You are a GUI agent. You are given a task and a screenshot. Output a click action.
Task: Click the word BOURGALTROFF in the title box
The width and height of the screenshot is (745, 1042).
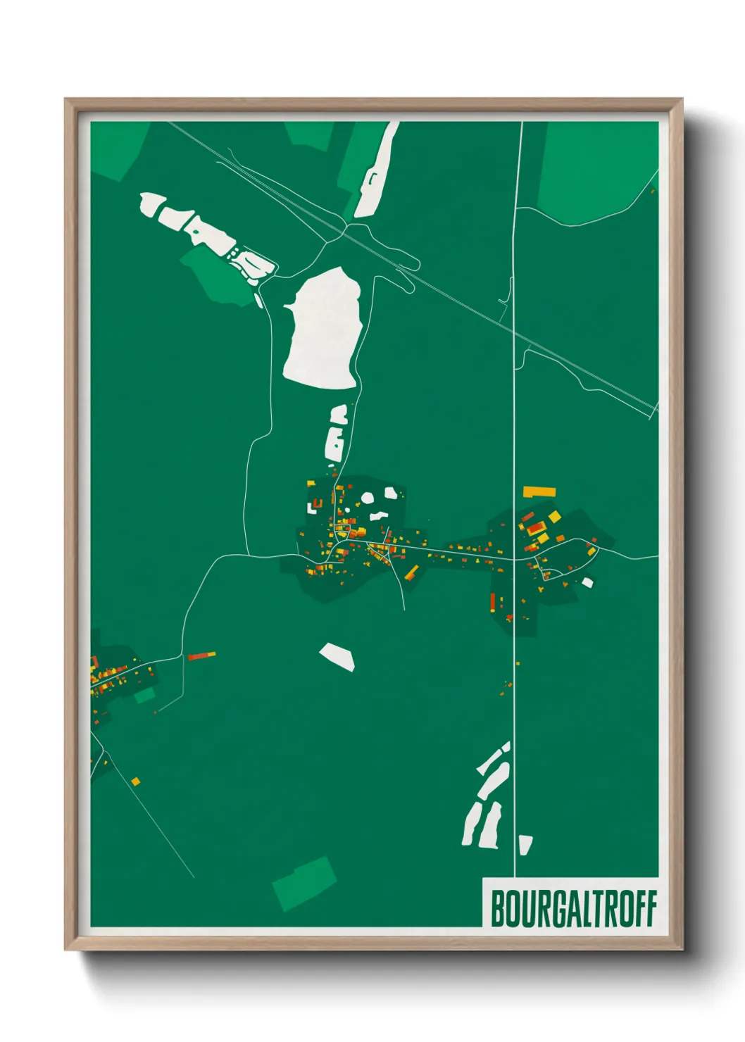pyautogui.click(x=573, y=908)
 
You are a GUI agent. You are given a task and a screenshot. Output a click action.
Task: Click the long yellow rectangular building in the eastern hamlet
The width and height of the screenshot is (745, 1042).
pyautogui.click(x=539, y=491)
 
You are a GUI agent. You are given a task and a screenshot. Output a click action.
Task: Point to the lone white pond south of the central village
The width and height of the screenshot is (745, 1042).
pyautogui.click(x=338, y=656)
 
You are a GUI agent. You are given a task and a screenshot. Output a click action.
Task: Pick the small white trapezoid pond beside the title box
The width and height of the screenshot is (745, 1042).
pyautogui.click(x=525, y=844)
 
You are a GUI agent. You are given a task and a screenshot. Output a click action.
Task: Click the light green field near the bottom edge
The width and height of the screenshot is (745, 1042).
pyautogui.click(x=304, y=884)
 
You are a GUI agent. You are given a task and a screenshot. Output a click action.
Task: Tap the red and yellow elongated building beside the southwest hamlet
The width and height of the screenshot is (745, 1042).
pyautogui.click(x=201, y=655)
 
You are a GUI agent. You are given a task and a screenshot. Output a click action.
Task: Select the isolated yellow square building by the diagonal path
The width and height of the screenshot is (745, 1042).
pyautogui.click(x=135, y=781)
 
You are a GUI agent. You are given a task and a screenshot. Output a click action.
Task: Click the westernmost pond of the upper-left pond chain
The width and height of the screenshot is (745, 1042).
pyautogui.click(x=151, y=204)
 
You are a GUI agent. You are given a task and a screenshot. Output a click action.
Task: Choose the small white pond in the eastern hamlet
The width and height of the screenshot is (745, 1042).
pyautogui.click(x=587, y=582)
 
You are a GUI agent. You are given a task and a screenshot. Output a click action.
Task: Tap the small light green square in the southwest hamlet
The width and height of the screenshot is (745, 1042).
pyautogui.click(x=145, y=696)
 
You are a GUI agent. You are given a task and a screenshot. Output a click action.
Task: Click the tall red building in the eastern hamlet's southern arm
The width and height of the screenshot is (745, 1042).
pyautogui.click(x=493, y=602)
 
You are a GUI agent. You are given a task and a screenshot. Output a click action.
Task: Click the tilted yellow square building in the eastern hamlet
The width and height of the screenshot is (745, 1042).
pyautogui.click(x=555, y=517)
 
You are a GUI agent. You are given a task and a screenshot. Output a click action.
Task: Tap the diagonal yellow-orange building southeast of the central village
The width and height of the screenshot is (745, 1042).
pyautogui.click(x=411, y=571)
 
